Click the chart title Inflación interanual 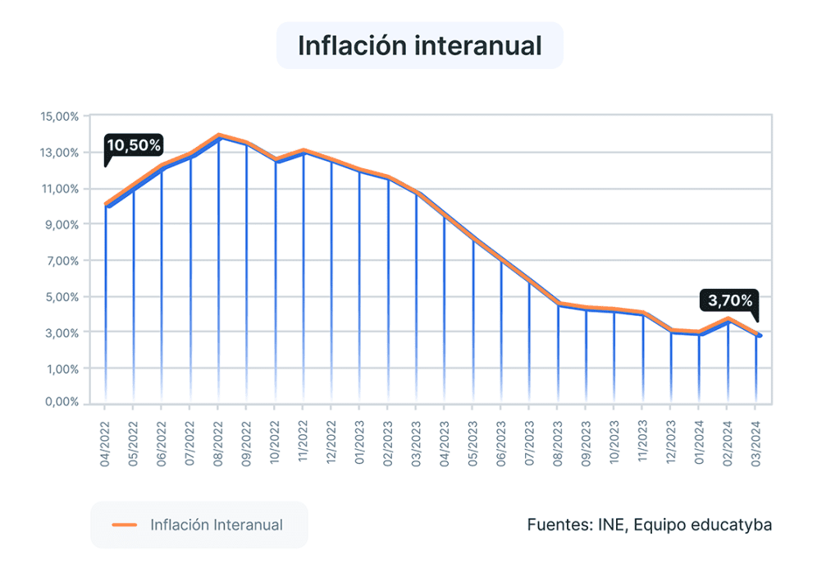419,45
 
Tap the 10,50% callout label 135,145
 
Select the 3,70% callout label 728,300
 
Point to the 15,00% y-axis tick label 59,117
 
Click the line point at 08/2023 558,304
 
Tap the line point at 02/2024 728,319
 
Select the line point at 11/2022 303,151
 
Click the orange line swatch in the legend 124,525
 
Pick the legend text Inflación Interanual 217,525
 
